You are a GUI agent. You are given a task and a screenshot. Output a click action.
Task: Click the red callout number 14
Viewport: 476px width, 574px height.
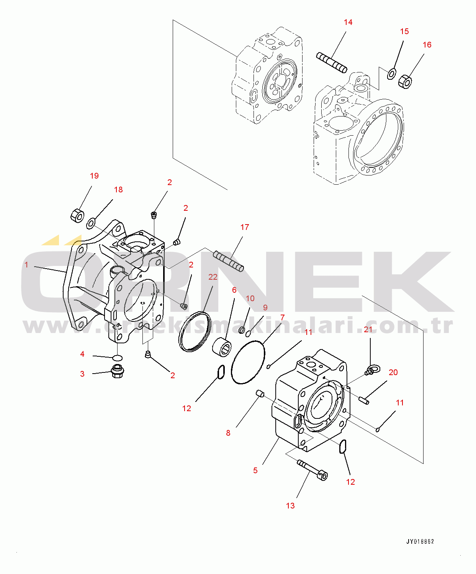(348, 22)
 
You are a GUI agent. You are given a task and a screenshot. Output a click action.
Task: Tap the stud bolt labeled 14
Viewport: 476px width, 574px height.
(332, 62)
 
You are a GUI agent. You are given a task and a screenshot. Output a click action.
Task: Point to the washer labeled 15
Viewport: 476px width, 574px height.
(391, 74)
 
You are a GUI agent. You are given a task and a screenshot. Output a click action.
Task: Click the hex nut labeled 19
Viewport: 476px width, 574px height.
(77, 215)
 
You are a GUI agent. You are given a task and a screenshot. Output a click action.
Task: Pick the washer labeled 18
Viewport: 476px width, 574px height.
(91, 223)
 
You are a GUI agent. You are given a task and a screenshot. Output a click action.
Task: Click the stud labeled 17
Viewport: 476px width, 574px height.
(228, 261)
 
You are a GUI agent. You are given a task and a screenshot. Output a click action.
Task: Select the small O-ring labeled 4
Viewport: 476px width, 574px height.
(118, 358)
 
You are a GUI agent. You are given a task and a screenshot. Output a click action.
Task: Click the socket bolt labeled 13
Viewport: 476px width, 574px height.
(312, 471)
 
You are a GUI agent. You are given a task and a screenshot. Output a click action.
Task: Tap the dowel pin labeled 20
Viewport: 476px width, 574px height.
(364, 401)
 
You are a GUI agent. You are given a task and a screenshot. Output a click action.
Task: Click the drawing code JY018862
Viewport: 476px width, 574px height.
(420, 541)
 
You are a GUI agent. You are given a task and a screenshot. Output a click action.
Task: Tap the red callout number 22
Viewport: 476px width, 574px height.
(213, 277)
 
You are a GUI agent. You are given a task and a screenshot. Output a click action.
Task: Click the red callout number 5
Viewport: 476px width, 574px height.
(255, 471)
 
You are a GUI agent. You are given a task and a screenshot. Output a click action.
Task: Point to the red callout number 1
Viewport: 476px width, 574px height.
(26, 265)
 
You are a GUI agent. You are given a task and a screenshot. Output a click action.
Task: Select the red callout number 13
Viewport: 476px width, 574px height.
(290, 505)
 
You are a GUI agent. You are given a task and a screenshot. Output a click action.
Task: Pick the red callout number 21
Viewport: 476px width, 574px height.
(368, 329)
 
